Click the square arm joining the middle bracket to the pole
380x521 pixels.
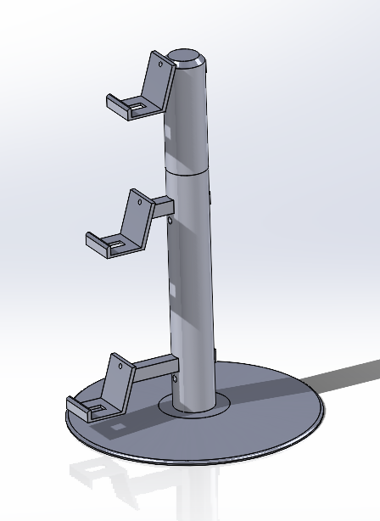(161, 205)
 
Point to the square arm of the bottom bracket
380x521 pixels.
(155, 368)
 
